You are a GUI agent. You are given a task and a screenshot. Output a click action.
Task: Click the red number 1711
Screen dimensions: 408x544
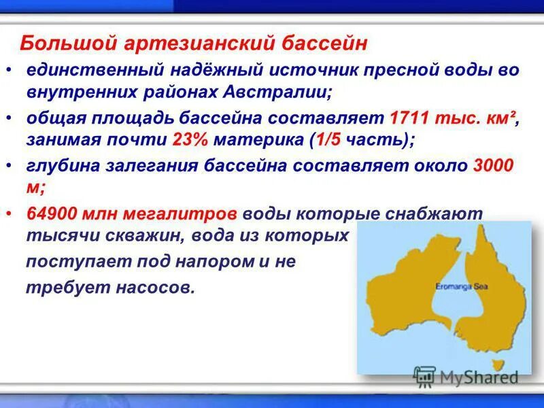(409, 118)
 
